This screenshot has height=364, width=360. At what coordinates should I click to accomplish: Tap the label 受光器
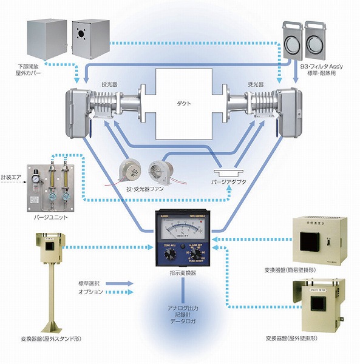coord(254,86)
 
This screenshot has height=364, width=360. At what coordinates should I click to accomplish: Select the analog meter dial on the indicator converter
coord(179,231)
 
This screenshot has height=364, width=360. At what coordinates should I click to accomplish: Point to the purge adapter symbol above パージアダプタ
coord(229,172)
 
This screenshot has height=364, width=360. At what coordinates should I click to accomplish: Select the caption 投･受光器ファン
coord(145,190)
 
